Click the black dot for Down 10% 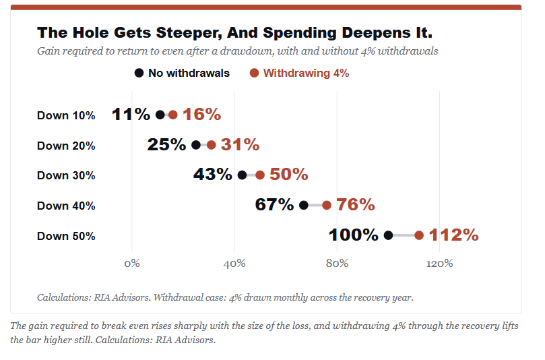(160, 115)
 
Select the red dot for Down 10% (172, 115)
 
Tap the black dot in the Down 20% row (196, 145)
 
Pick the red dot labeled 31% (212, 145)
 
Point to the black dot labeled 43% (243, 175)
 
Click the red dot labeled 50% (260, 175)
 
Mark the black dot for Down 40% (304, 205)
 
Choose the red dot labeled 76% (327, 205)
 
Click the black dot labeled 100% (388, 235)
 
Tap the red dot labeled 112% (419, 235)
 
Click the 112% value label (453, 235)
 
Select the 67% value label (274, 204)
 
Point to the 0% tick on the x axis (132, 264)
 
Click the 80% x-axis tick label (337, 264)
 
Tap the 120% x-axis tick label (440, 264)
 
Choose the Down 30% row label (66, 175)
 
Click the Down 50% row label (66, 236)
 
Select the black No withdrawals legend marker (139, 73)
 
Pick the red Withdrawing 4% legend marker (255, 73)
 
